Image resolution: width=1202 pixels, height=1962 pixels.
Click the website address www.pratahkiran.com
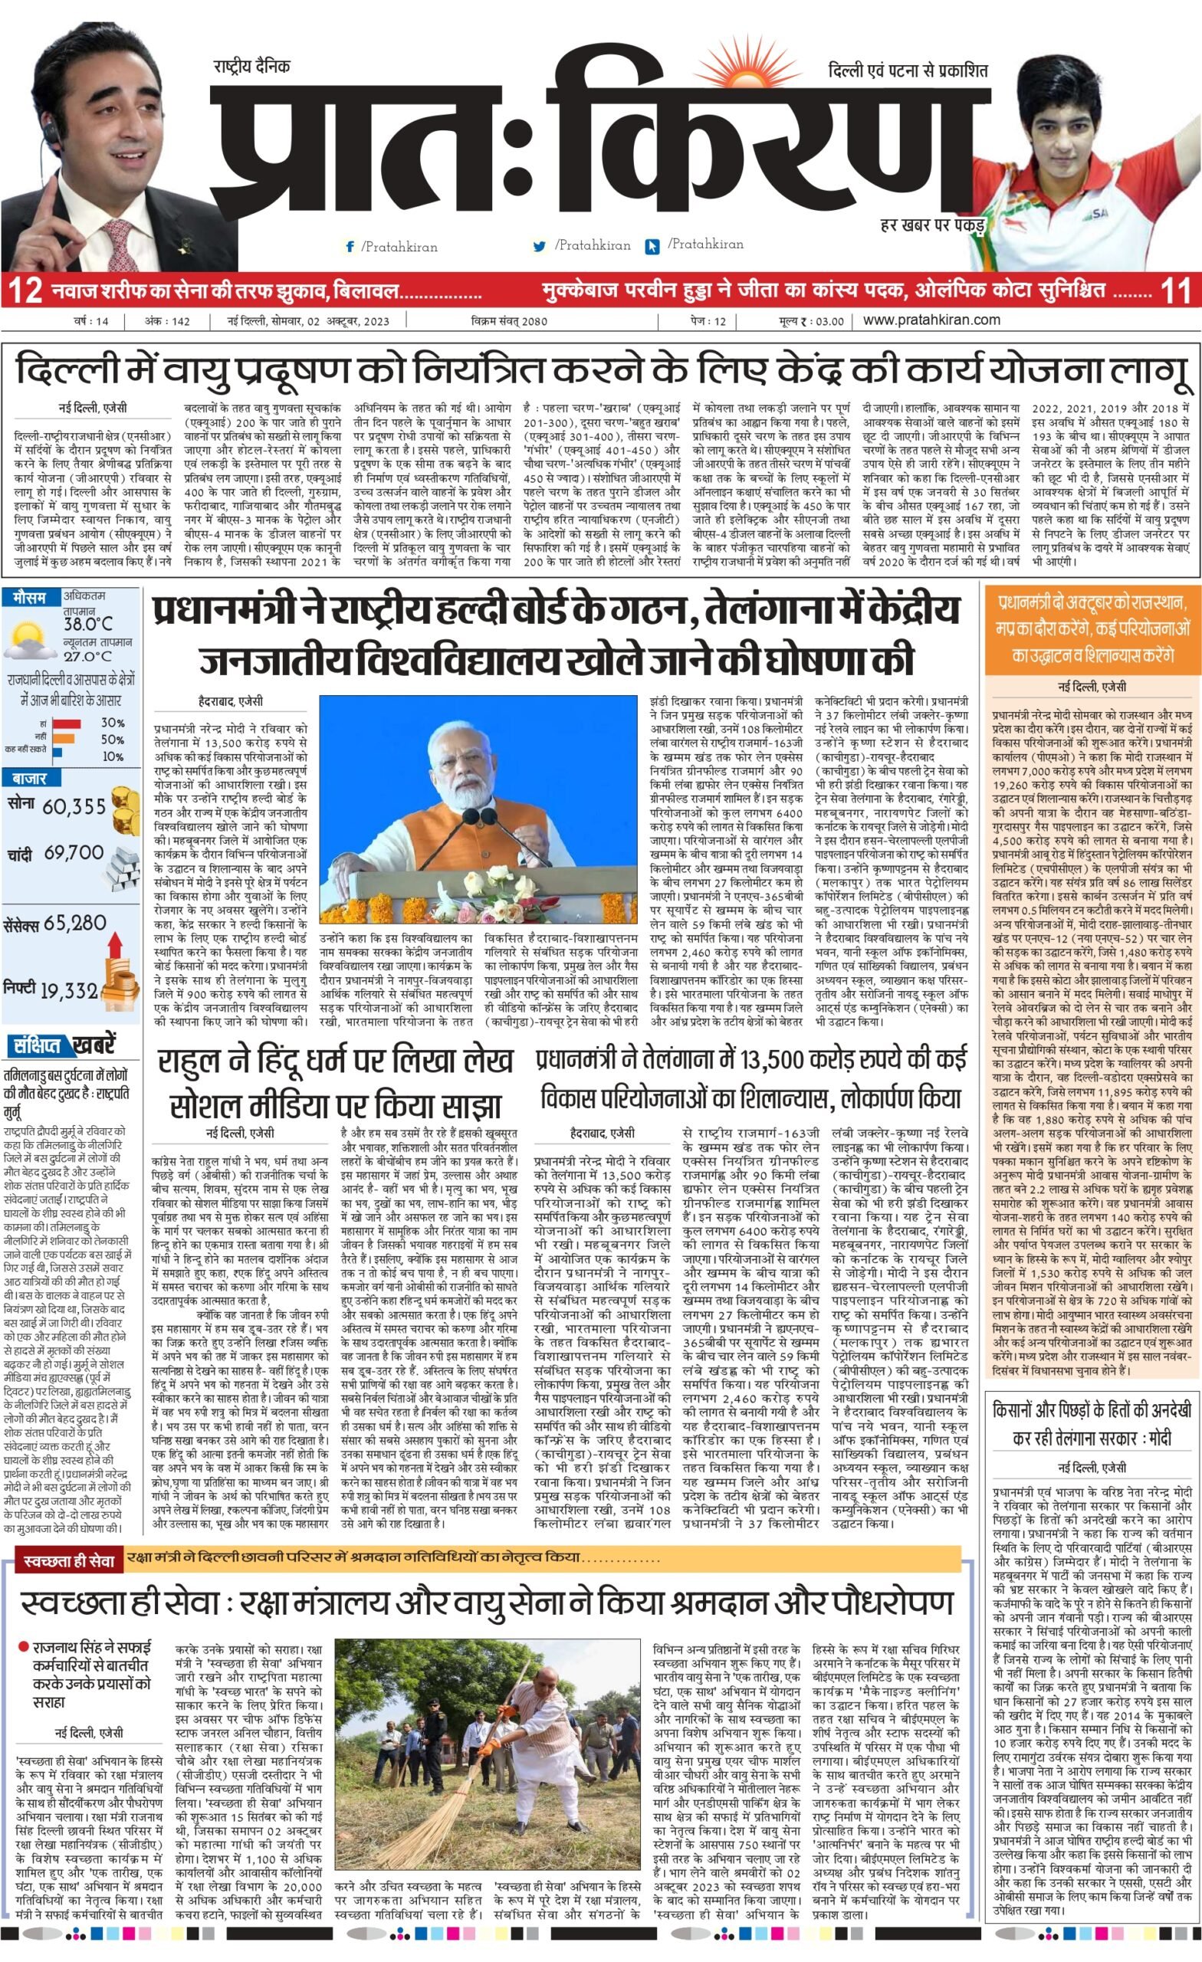click(931, 320)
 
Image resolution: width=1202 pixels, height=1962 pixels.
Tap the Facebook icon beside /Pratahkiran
click(349, 247)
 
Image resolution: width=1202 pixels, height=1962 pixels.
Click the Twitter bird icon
click(539, 247)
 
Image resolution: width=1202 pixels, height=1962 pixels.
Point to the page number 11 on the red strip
click(1176, 290)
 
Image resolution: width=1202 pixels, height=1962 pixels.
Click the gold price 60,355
click(74, 806)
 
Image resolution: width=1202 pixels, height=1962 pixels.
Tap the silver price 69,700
click(74, 853)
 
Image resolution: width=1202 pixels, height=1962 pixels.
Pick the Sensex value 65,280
click(75, 924)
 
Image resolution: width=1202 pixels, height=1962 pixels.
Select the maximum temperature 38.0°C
click(87, 624)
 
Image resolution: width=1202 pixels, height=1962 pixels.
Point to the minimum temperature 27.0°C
click(87, 657)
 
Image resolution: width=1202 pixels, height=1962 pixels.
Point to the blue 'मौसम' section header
click(29, 596)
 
